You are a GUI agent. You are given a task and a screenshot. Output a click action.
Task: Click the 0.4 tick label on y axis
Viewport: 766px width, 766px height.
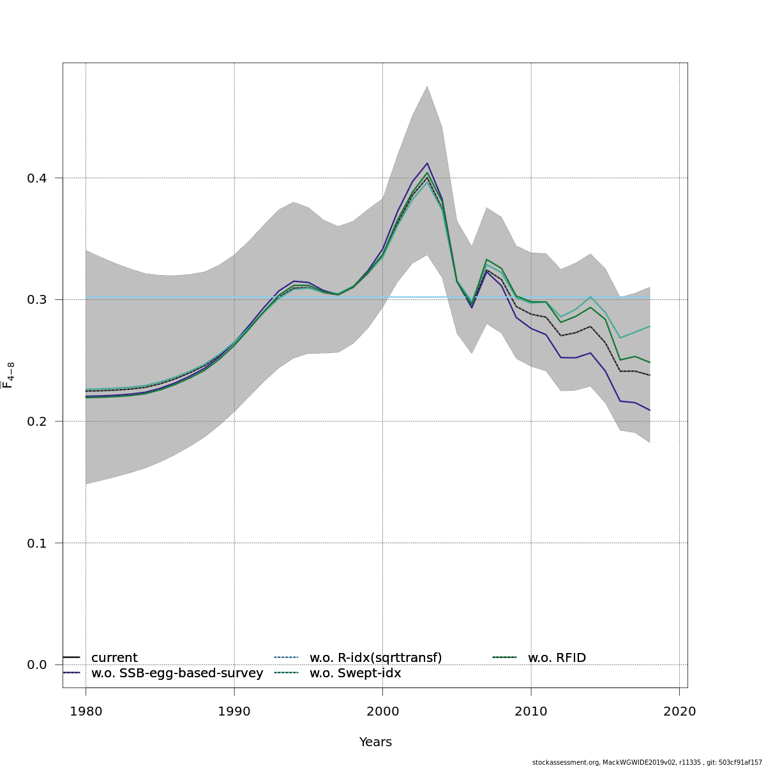(36, 178)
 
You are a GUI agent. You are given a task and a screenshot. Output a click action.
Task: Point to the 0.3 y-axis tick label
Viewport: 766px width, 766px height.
(36, 300)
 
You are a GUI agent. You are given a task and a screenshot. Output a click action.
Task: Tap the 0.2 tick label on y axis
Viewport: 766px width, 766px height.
(36, 421)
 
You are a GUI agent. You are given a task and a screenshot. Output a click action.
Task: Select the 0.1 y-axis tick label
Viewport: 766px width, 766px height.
(36, 543)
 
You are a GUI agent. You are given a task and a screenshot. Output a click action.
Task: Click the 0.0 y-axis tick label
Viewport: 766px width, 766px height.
(36, 665)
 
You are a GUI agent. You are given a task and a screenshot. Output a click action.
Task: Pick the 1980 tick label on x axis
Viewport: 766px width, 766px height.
(86, 712)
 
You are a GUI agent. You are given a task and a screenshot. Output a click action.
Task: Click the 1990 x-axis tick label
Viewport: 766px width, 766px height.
(234, 712)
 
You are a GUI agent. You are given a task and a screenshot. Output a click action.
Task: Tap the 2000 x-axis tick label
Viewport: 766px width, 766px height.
(382, 712)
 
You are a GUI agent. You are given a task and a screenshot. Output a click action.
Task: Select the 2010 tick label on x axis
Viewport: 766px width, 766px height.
(531, 712)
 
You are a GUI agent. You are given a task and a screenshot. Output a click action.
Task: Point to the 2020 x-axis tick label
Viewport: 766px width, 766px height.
(679, 712)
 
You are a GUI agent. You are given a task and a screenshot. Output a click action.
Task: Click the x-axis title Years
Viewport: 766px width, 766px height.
(375, 742)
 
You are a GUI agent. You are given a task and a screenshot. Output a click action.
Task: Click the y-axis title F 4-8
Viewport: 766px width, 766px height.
(9, 375)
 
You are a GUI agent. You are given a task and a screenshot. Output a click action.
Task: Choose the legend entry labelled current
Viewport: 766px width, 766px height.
(114, 658)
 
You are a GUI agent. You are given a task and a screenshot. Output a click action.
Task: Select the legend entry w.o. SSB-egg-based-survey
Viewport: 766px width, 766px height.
(177, 673)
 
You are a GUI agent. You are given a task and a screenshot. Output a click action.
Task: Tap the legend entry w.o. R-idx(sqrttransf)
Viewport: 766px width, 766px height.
(375, 658)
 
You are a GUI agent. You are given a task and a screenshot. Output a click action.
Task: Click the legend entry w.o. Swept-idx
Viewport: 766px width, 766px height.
(355, 673)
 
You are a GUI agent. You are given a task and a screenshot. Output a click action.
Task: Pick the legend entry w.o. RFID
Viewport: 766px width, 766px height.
(557, 658)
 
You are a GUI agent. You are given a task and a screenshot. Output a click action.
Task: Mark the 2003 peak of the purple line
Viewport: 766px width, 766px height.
(427, 163)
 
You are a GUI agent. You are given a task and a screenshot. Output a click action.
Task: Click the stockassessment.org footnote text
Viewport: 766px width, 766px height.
(648, 762)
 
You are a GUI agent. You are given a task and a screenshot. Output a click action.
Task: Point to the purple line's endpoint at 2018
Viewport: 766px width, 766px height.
(650, 410)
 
